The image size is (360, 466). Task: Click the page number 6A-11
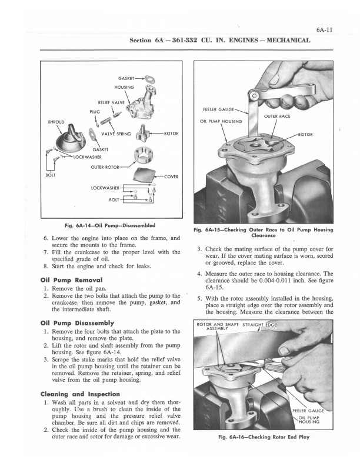(324, 30)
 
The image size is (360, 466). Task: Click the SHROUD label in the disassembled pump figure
(56, 122)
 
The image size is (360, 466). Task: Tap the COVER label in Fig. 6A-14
(171, 177)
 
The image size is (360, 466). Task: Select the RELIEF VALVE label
(111, 102)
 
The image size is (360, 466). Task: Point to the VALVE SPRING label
(116, 134)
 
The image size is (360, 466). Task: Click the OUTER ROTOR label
(105, 167)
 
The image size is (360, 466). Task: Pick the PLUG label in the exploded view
(95, 112)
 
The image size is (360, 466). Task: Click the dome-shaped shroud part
(71, 141)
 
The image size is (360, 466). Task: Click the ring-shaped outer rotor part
(144, 155)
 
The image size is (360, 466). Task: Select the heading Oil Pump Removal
(71, 280)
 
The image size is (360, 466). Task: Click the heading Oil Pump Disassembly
(77, 323)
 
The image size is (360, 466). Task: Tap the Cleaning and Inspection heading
(80, 394)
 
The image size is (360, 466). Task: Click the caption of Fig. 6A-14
(110, 225)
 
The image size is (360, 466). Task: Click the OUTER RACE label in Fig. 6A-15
(277, 116)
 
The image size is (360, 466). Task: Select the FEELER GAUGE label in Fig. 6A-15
(219, 109)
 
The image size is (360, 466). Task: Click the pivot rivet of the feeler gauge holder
(254, 95)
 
